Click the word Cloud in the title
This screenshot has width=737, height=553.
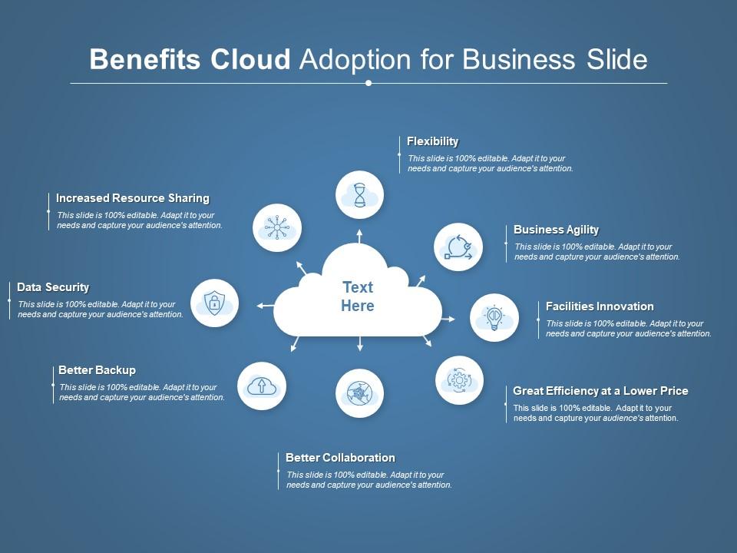coord(250,59)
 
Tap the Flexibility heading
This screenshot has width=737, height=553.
coord(432,141)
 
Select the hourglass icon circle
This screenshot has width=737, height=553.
coord(359,194)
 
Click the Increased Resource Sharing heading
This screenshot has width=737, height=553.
coord(133,198)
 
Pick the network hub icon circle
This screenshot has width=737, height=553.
coord(277,227)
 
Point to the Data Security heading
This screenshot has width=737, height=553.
coord(53,287)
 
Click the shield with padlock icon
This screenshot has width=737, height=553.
coord(214,303)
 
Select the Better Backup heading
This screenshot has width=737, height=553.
coord(97,370)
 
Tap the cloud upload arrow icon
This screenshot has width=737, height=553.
coord(261,386)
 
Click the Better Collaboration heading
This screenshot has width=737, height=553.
coord(340,458)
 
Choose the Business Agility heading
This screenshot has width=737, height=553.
coord(556,230)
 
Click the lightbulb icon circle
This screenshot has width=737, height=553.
coord(494,318)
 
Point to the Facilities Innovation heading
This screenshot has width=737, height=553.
coord(600,306)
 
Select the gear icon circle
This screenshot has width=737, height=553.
coord(459,380)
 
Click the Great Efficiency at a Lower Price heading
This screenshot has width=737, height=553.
coord(600,391)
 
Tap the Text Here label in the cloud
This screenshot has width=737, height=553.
coord(358,296)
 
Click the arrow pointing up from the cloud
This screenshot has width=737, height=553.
coord(359,236)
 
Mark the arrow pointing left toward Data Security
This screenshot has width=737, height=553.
coord(265,306)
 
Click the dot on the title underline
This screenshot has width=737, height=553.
coord(368,83)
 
